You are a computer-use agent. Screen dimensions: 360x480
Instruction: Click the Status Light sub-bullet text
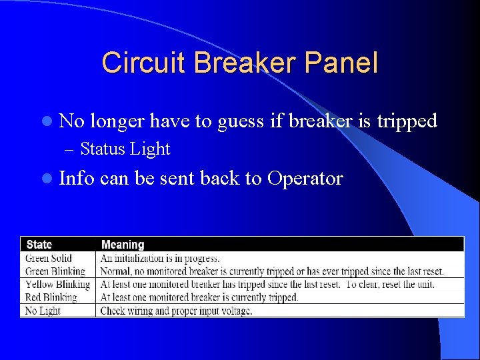coord(125,149)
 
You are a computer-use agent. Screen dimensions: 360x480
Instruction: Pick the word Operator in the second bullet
coord(305,179)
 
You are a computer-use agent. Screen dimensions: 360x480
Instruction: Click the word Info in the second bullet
coord(77,179)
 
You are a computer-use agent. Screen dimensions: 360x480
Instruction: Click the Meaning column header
coord(122,245)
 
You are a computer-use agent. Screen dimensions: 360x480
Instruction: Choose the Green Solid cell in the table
coord(49,258)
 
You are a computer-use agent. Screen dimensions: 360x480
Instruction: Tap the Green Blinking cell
coord(55,271)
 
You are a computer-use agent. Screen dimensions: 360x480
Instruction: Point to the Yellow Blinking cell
coord(57,285)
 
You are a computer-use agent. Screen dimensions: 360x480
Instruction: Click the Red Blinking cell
coord(51,297)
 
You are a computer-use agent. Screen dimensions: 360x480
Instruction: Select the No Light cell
coord(43,311)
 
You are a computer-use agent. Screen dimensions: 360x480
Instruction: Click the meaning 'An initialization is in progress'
coord(160,258)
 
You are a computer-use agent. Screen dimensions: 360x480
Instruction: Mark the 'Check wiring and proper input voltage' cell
coord(176,311)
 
